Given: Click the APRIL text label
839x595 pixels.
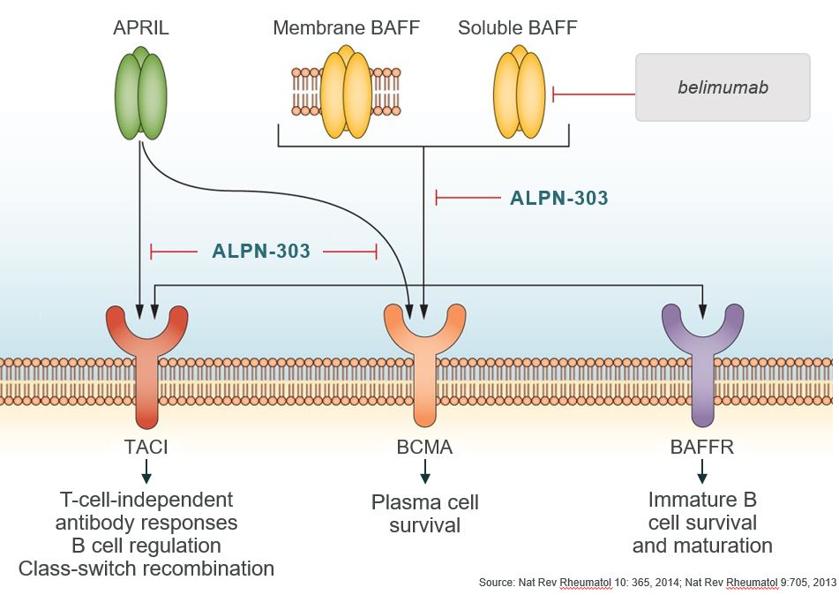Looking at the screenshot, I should click(x=141, y=28).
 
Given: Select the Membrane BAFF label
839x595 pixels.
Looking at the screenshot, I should click(x=346, y=28).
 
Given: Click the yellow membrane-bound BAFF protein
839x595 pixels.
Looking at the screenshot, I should click(x=346, y=94).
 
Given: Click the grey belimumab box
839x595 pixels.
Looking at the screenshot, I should click(x=723, y=87).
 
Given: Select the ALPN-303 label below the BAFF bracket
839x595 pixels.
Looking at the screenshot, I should click(x=559, y=199).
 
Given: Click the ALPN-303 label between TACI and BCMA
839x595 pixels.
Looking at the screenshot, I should click(x=261, y=252).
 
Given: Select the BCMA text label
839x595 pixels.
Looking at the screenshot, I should click(x=425, y=448).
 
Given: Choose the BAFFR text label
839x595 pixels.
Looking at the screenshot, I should click(x=703, y=448).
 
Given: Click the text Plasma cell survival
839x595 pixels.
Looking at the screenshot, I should click(x=425, y=514).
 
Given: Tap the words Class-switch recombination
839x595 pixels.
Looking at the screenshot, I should click(x=146, y=568).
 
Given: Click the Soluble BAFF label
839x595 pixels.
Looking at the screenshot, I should click(x=518, y=28).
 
